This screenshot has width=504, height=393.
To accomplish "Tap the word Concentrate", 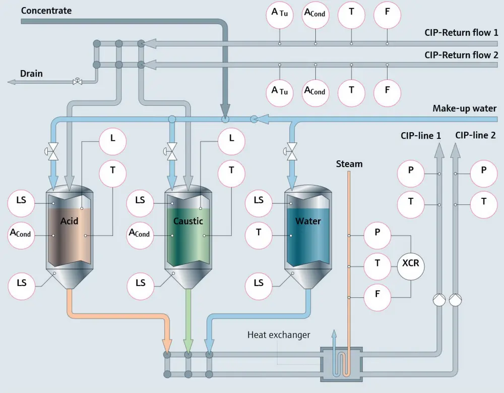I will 46,11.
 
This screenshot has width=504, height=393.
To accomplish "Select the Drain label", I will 31,74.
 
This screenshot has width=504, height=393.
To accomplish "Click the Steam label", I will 349,164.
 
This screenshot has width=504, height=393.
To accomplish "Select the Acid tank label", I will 69,221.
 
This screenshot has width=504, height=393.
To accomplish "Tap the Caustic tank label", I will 188,221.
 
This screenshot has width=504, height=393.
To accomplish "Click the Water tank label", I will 308,221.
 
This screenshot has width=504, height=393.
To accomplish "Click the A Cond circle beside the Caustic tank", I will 140,233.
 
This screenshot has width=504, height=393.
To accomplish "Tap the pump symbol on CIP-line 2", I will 455,301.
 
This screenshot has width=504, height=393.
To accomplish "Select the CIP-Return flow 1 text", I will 461,33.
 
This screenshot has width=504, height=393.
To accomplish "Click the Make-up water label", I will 464,108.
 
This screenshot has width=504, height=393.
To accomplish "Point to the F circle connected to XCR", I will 377,294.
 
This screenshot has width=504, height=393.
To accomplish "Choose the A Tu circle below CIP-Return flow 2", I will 280,91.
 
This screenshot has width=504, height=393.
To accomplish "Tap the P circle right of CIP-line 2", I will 484,171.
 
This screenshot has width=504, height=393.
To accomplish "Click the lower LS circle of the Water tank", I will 259,284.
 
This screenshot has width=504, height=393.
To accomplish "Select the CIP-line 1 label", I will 421,135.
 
